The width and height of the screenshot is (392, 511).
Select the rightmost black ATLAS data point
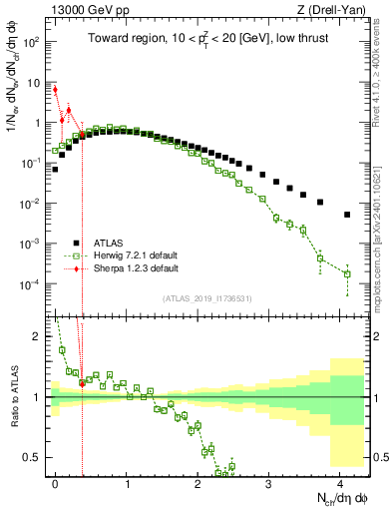[347, 215]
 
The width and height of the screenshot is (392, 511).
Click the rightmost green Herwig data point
[347, 273]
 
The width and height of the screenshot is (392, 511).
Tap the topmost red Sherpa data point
[55, 90]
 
